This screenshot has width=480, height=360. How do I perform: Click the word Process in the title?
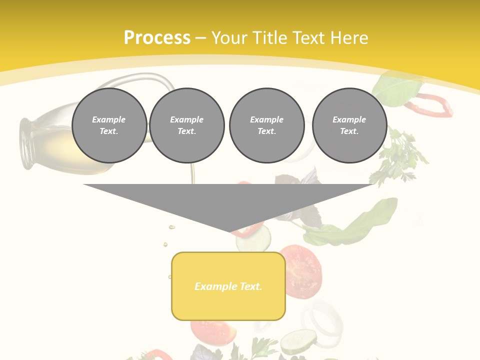tap(157, 38)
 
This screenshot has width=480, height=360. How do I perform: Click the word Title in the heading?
tap(268, 38)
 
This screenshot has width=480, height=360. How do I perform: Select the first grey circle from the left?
tap(109, 125)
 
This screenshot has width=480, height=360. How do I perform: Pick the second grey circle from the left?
tap(187, 125)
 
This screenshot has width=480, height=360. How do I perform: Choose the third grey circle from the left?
tap(266, 125)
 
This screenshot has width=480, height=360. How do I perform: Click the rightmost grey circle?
tap(349, 125)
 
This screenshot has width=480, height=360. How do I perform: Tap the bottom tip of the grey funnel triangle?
tap(230, 231)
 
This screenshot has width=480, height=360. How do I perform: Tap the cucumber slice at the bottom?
tap(298, 342)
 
